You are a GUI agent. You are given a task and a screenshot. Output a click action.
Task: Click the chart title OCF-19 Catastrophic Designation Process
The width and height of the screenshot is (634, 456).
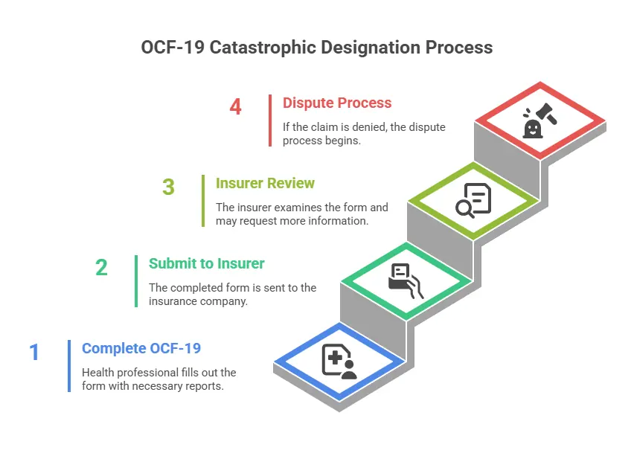coord(316,47)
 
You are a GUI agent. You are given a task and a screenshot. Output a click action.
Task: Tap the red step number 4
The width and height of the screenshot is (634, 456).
coord(235,107)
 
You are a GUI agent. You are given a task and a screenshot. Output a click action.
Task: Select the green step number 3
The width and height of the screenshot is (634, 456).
coord(168,187)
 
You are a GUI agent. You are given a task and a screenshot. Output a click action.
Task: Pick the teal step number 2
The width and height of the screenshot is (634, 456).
coord(101,267)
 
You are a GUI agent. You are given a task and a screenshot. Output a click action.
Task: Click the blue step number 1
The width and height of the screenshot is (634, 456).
coord(34,352)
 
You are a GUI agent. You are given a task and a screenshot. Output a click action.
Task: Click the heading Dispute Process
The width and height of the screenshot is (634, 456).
coord(336,103)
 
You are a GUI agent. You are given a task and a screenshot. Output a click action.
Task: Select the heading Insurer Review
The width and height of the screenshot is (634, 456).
coord(265,183)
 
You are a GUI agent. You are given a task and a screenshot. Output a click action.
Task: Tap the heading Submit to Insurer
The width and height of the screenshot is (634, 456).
coord(206,263)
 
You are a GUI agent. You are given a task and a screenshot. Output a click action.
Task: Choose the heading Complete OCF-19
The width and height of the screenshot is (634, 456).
coord(141,348)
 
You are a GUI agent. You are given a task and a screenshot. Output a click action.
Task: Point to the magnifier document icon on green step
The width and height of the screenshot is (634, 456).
coord(474,200)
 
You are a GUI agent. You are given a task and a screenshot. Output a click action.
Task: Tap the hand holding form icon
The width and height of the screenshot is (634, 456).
coord(406,280)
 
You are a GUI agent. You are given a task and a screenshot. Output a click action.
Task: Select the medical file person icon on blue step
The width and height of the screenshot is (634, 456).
coord(339,361)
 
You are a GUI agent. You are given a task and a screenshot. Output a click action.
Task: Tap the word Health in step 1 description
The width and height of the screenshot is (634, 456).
coord(97,372)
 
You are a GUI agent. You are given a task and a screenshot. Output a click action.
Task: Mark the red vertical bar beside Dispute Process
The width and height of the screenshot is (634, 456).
coord(270,120)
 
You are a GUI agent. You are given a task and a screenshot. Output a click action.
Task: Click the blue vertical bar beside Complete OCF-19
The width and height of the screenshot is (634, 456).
coord(69,365)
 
